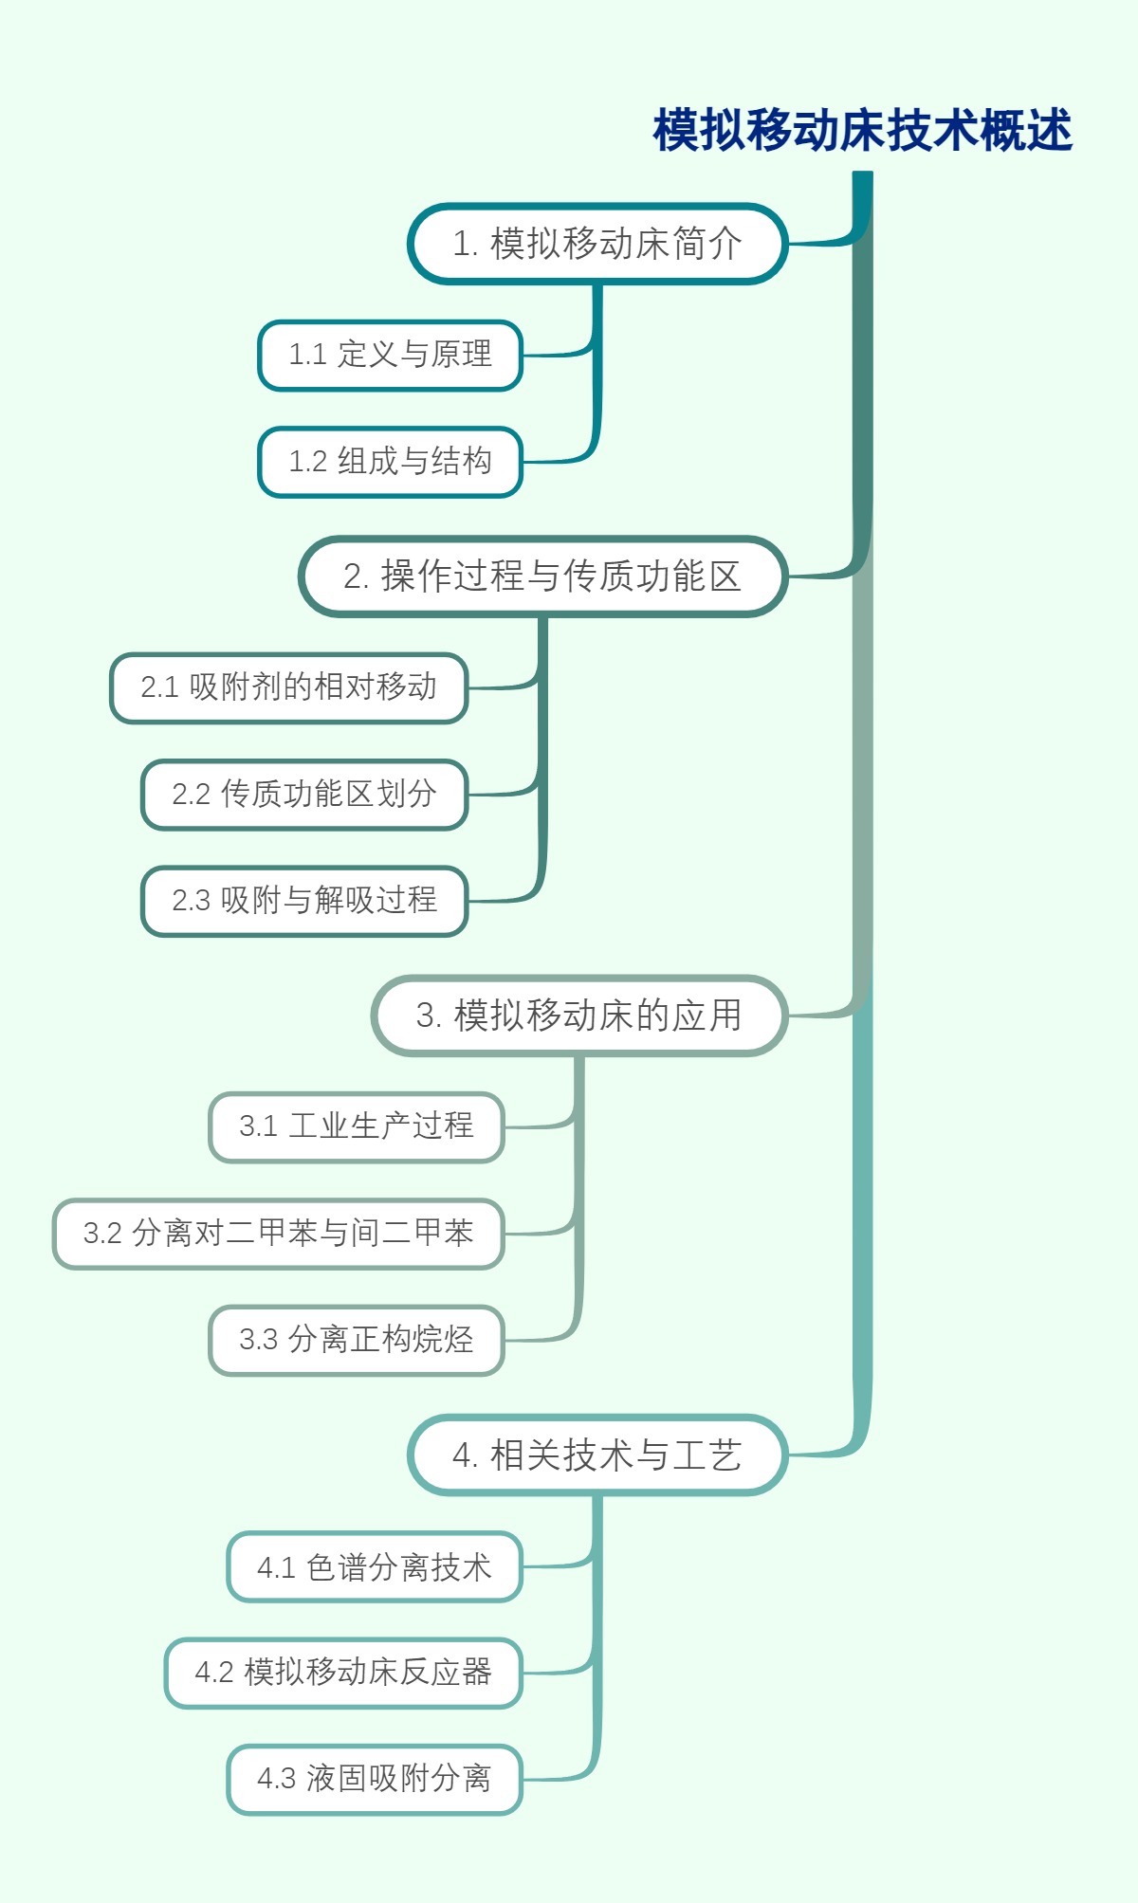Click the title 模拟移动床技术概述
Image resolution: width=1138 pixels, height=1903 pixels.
pyautogui.click(x=862, y=130)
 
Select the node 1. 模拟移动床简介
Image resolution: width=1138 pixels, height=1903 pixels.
pyautogui.click(x=597, y=244)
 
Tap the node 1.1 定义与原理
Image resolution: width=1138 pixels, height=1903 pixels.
pyautogui.click(x=390, y=355)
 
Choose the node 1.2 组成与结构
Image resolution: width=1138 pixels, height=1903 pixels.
pyautogui.click(x=390, y=462)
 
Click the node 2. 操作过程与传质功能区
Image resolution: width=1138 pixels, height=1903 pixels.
pyautogui.click(x=542, y=576)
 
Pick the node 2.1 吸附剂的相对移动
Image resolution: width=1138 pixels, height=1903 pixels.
pyautogui.click(x=288, y=687)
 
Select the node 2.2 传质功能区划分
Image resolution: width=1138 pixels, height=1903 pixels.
pyautogui.click(x=303, y=795)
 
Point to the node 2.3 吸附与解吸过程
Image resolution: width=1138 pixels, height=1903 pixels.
pyautogui.click(x=303, y=901)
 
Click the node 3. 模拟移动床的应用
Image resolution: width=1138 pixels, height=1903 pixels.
pyautogui.click(x=578, y=1016)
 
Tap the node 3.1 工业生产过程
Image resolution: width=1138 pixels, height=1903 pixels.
pyautogui.click(x=356, y=1126)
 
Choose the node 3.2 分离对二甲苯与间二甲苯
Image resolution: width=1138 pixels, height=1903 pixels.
pyautogui.click(x=278, y=1234)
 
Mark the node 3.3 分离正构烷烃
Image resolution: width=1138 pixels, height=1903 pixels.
pyautogui.click(x=356, y=1340)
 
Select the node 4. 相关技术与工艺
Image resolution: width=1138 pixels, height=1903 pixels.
pyautogui.click(x=597, y=1455)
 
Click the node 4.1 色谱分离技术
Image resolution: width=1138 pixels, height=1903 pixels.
pyautogui.click(x=374, y=1567)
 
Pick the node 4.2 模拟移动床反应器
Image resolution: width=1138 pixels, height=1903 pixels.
pyautogui.click(x=343, y=1673)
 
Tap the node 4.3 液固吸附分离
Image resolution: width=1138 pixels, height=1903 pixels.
pyautogui.click(x=374, y=1779)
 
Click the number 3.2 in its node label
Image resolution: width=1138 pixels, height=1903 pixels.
pyautogui.click(x=102, y=1234)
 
